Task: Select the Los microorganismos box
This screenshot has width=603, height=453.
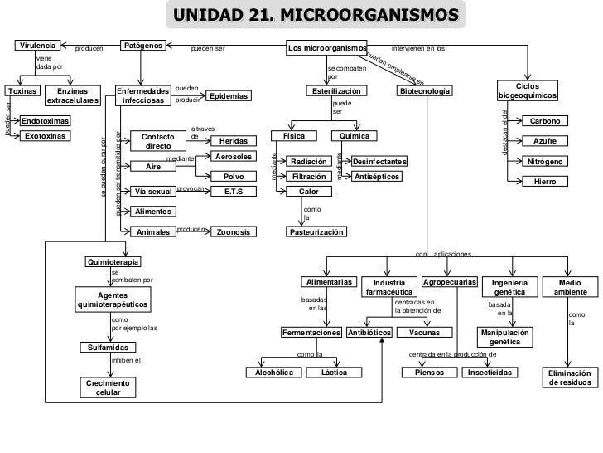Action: [x=327, y=48]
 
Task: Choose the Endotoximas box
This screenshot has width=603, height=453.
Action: [x=45, y=121]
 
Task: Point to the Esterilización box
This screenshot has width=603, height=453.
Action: [x=335, y=90]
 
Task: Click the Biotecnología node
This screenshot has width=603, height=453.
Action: [x=425, y=90]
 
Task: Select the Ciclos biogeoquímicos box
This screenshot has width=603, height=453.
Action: [x=527, y=91]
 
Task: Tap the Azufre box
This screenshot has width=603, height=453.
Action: [x=544, y=141]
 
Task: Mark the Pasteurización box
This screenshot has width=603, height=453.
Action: [x=316, y=232]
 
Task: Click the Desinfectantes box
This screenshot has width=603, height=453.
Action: [x=379, y=162]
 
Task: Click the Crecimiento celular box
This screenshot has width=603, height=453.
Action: [x=108, y=387]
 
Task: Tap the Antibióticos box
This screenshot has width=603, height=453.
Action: [x=369, y=333]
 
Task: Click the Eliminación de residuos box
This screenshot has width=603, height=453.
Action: [x=568, y=377]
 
